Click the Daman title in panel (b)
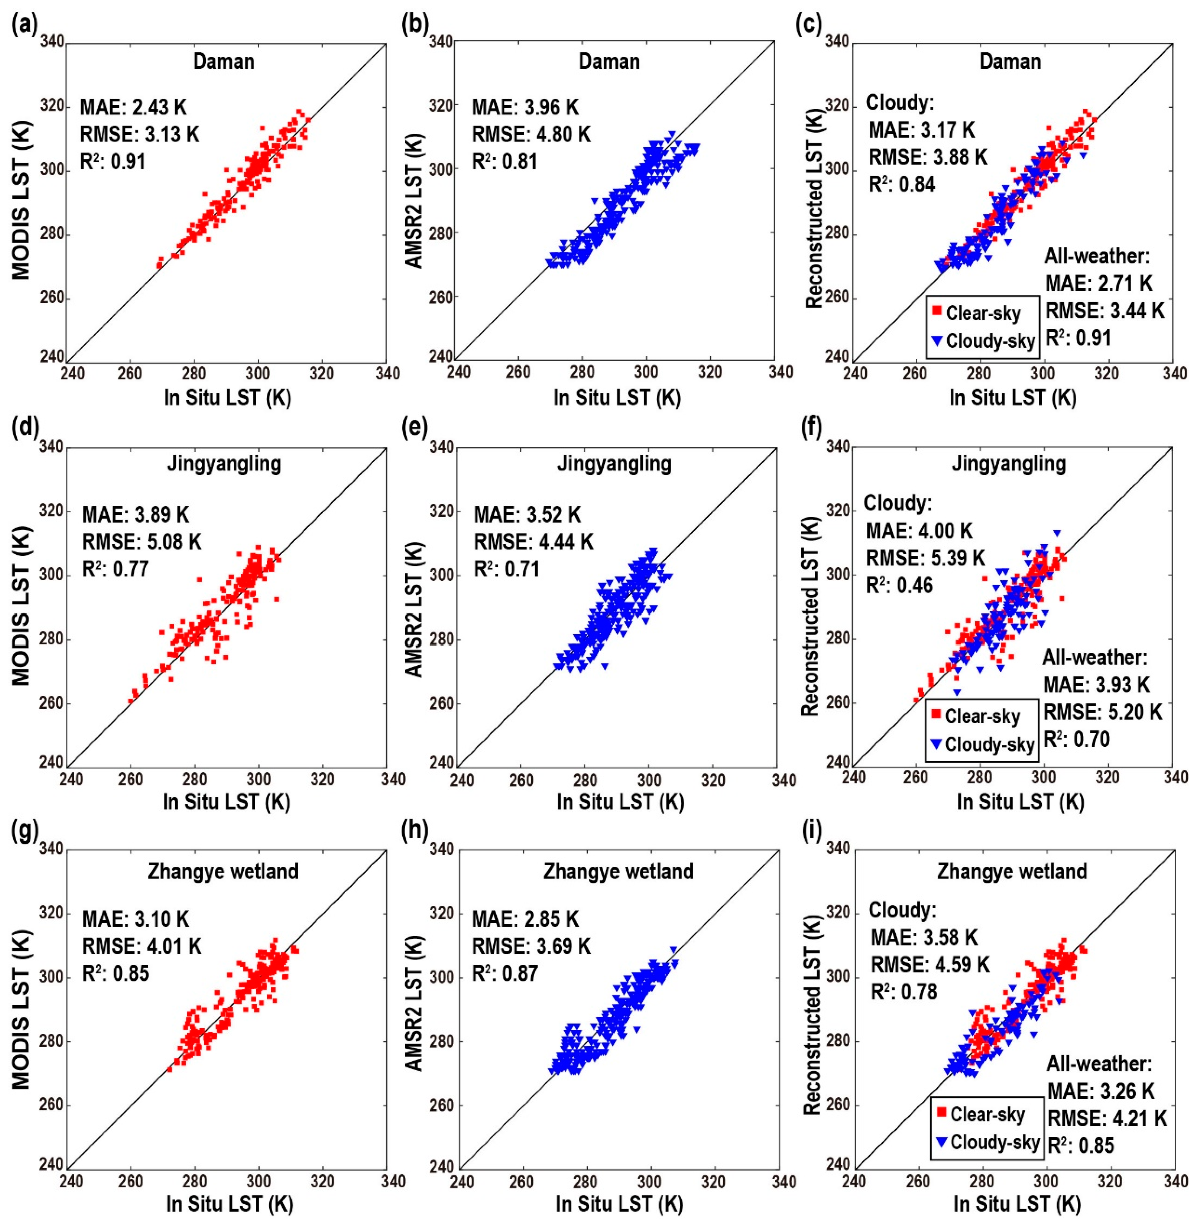tap(609, 62)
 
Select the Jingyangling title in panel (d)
tap(224, 464)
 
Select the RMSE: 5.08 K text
tap(142, 541)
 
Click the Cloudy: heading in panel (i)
tap(903, 910)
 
